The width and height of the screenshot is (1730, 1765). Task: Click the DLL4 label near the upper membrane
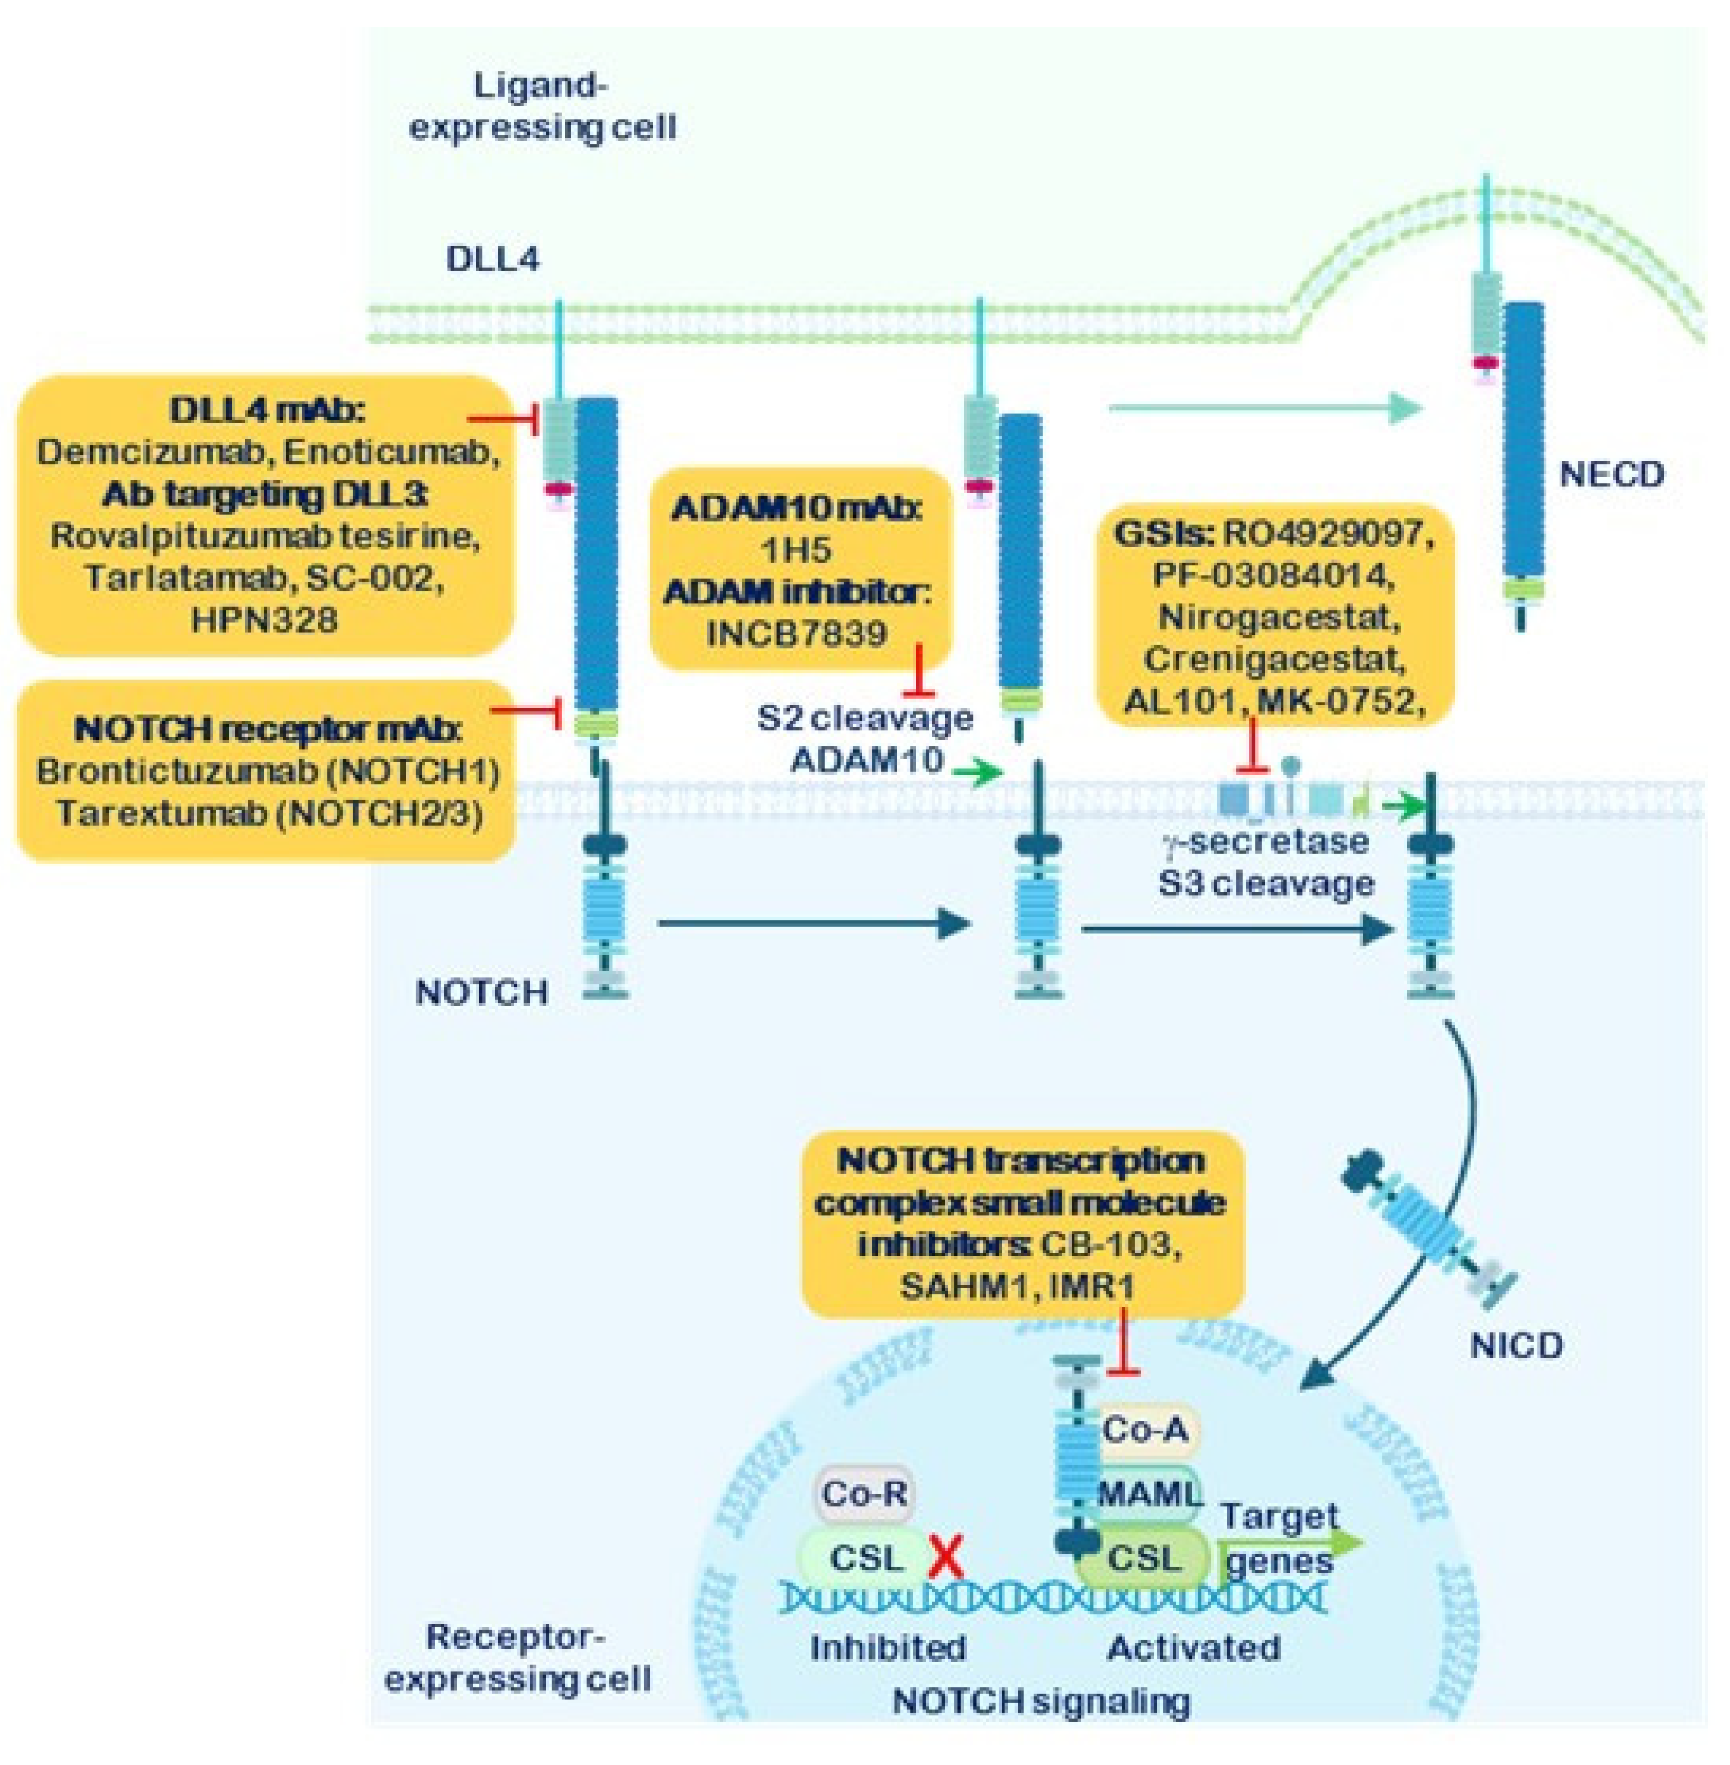click(492, 260)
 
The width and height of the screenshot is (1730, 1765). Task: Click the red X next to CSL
click(946, 1558)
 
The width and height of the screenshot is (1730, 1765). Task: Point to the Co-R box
click(864, 1492)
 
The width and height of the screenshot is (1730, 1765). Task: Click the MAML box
click(1147, 1492)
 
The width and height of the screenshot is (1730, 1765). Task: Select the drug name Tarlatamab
click(177, 578)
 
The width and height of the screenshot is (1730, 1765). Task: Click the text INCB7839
click(797, 633)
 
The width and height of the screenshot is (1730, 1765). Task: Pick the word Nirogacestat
click(1278, 617)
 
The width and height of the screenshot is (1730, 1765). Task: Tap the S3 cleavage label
click(1266, 882)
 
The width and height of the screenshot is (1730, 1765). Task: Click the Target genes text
click(1279, 1538)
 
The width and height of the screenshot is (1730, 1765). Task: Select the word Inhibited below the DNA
click(889, 1647)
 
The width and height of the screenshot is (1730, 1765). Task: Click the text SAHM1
click(956, 1286)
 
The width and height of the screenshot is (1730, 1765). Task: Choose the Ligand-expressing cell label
click(543, 107)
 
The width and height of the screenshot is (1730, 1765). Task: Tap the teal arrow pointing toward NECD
click(1264, 409)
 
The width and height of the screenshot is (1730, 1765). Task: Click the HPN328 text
click(264, 620)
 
